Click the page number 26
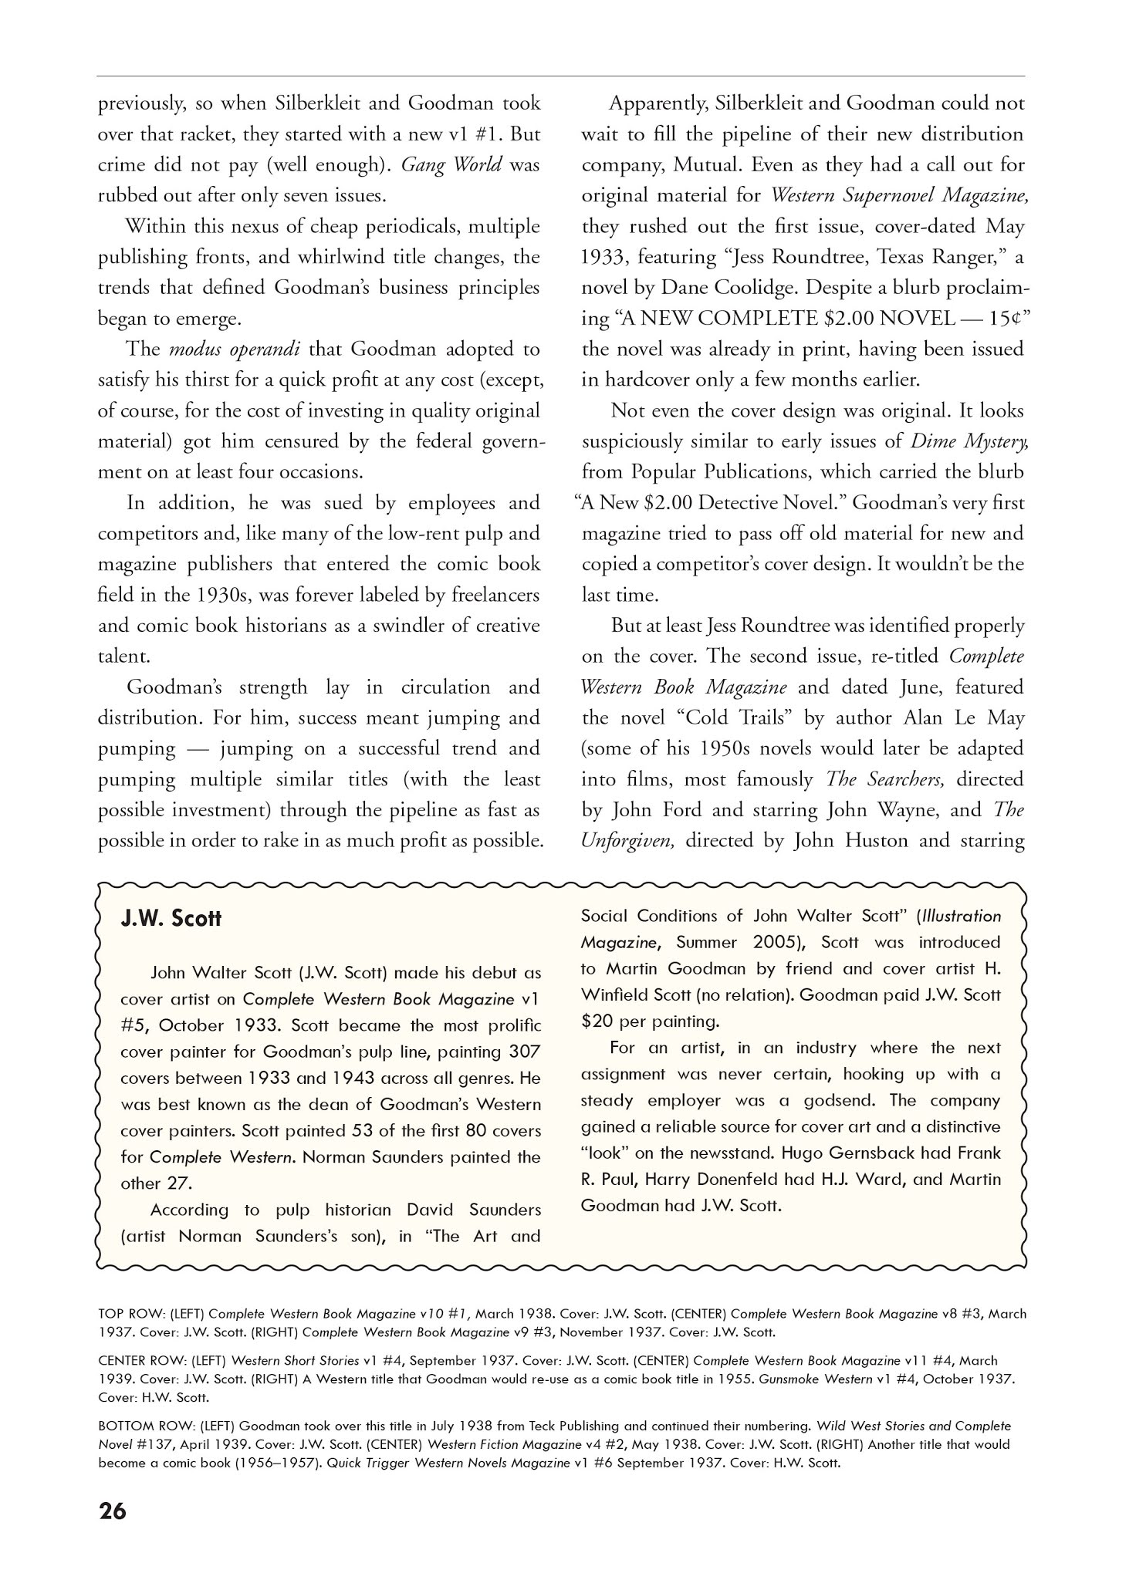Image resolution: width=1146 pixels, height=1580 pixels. [113, 1532]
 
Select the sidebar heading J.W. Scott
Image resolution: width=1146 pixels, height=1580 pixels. [171, 919]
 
